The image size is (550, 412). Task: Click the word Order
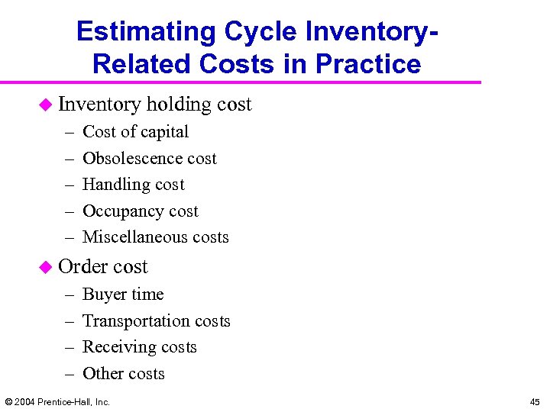click(x=79, y=266)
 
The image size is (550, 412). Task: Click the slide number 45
click(x=534, y=401)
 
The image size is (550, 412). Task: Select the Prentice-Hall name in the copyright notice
click(x=66, y=401)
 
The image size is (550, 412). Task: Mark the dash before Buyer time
click(x=68, y=295)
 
